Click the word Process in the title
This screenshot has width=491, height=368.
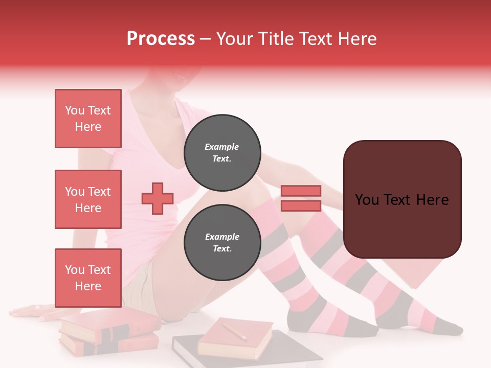(x=161, y=39)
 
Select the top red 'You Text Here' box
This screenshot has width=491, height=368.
(x=88, y=119)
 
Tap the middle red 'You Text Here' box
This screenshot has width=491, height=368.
(x=88, y=199)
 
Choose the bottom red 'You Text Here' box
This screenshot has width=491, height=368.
(x=88, y=278)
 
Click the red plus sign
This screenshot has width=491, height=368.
(x=158, y=198)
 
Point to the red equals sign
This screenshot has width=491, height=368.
(x=301, y=198)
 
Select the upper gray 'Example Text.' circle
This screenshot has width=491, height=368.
(x=222, y=152)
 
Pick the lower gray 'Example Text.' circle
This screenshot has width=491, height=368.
(x=222, y=242)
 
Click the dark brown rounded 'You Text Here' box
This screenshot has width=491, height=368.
(x=402, y=199)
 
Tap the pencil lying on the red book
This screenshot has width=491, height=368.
(x=235, y=331)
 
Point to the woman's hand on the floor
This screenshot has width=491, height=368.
(x=31, y=310)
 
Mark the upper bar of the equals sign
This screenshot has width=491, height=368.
(x=301, y=191)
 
